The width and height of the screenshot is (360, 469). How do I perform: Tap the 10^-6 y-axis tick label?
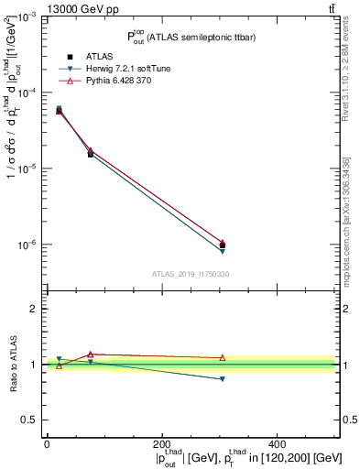pyautogui.click(x=26, y=245)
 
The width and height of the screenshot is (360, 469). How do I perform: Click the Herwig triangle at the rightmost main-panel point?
pyautogui.click(x=223, y=250)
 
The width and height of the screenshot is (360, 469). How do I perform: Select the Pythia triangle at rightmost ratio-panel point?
pyautogui.click(x=223, y=357)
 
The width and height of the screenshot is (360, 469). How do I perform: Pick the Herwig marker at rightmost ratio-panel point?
pyautogui.click(x=223, y=379)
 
